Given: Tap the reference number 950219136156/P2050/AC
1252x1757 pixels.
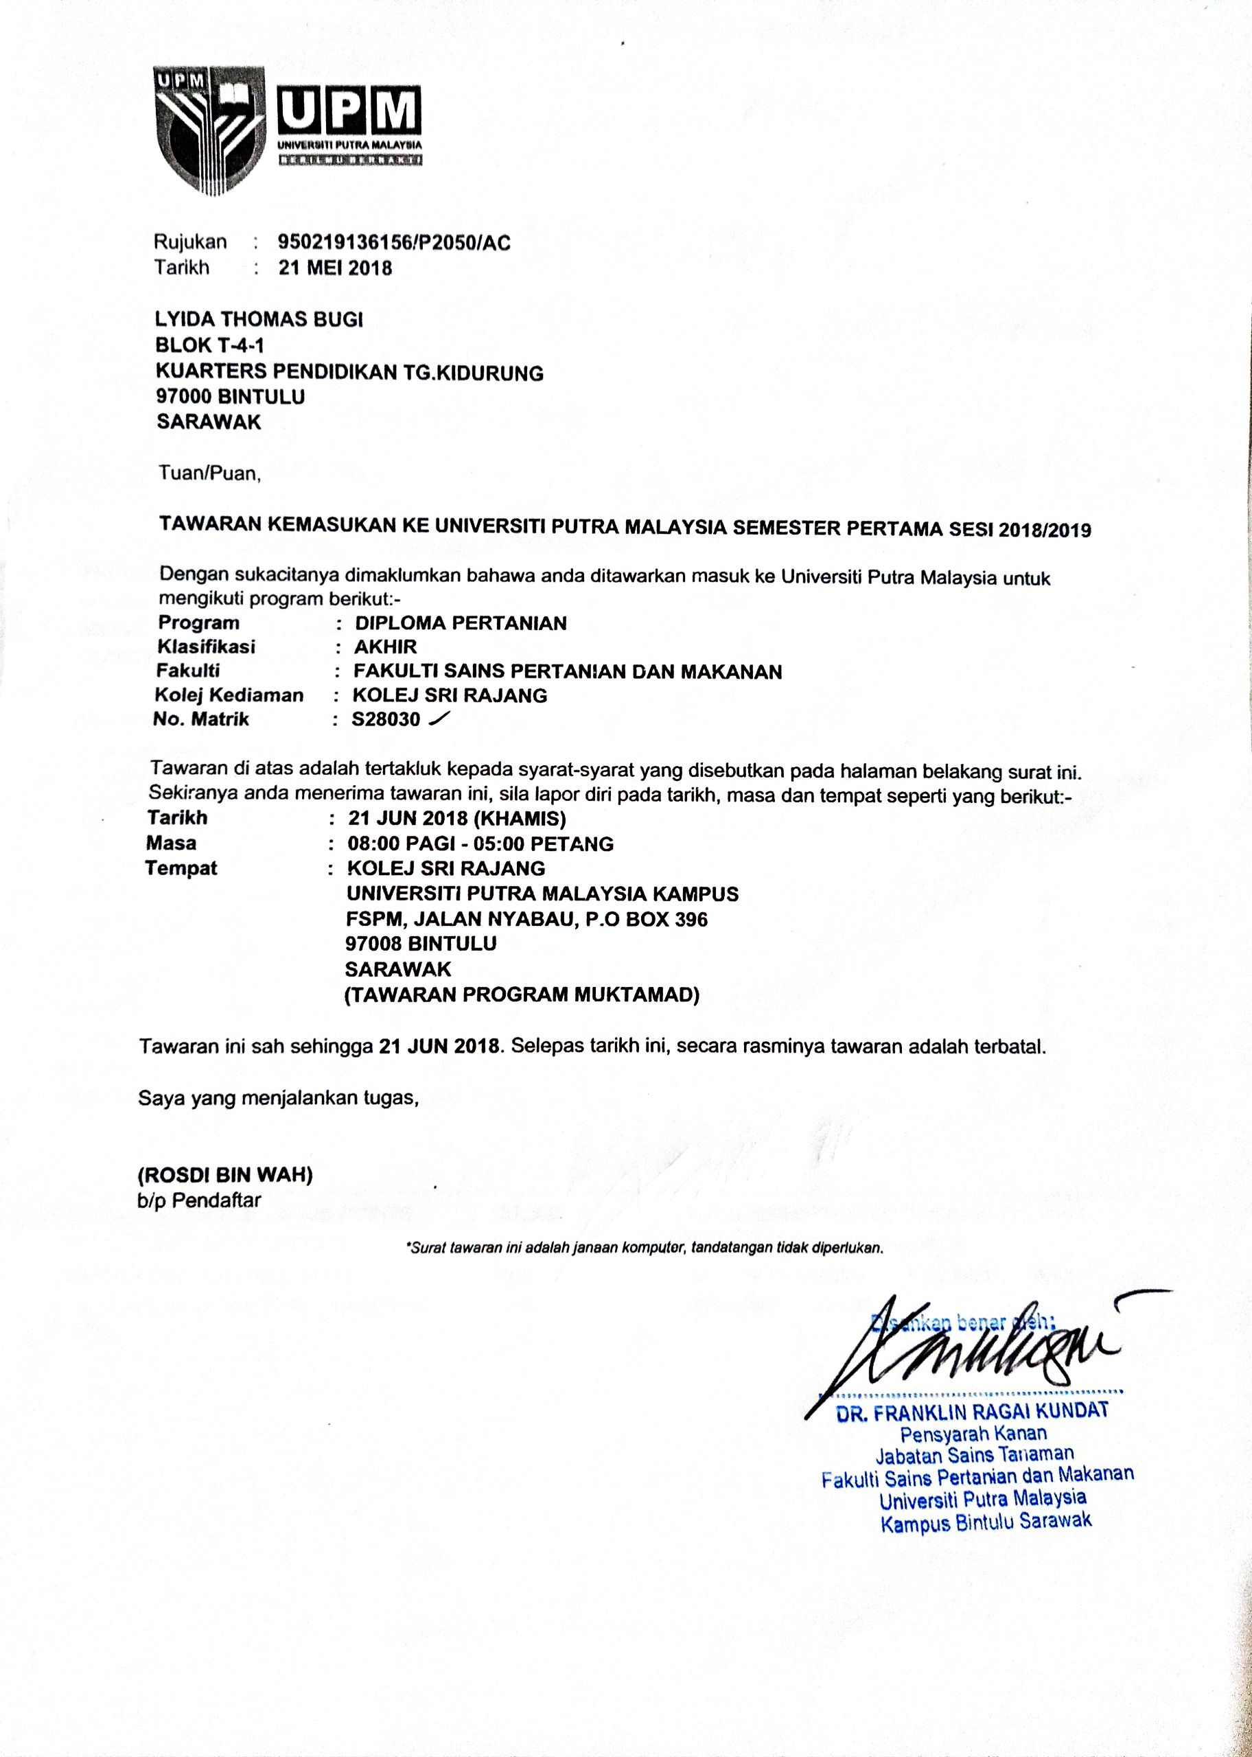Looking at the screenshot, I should (x=393, y=243).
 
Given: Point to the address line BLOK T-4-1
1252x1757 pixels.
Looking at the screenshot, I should (x=209, y=347).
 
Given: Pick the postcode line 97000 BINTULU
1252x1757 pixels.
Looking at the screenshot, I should (x=231, y=397).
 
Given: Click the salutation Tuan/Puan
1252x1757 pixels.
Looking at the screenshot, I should (x=209, y=472).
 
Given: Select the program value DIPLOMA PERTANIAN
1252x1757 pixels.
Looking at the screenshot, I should (x=461, y=622).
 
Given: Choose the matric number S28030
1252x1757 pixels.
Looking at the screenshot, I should (x=386, y=720).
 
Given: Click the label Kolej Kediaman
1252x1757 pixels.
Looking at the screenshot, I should (x=229, y=695).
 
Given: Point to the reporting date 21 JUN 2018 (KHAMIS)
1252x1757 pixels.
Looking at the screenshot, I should (x=457, y=817).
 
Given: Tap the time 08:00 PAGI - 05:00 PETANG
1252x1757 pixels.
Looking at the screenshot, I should (x=480, y=843).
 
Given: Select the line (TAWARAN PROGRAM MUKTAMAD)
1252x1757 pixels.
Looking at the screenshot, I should (x=522, y=995).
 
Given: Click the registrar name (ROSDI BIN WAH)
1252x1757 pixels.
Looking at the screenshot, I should (x=225, y=1174).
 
